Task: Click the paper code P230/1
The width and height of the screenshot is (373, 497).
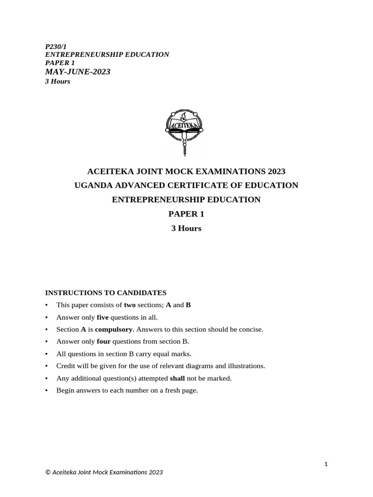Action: (56, 47)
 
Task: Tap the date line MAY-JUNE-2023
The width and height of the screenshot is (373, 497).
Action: (78, 72)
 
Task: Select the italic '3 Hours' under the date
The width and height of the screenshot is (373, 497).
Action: (58, 82)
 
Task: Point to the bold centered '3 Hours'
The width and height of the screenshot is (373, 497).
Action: (186, 228)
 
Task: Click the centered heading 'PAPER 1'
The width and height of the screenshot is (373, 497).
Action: (186, 214)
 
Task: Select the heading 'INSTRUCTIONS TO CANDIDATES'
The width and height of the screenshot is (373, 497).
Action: (106, 293)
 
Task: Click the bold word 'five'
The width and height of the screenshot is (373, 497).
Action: (102, 317)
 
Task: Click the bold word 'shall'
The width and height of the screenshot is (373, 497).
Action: (177, 379)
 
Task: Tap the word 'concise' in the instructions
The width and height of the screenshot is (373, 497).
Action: (252, 330)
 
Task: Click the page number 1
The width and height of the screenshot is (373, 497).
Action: (326, 464)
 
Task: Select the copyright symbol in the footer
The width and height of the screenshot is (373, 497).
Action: (48, 472)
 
